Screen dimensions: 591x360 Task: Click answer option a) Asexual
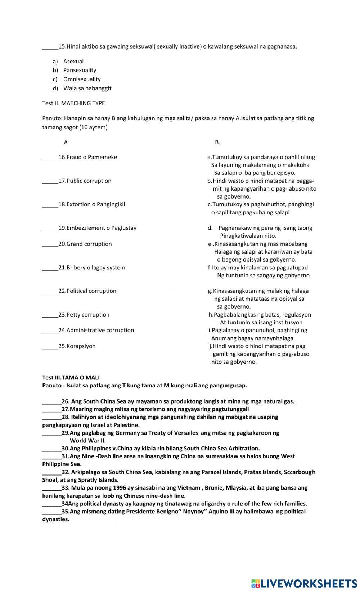pyautogui.click(x=73, y=62)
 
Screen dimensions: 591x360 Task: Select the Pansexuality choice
pyautogui.click(x=80, y=70)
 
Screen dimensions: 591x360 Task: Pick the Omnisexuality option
pyautogui.click(x=82, y=79)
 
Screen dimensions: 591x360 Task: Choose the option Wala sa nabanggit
pyautogui.click(x=87, y=88)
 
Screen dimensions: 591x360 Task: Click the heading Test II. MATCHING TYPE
pyautogui.click(x=73, y=103)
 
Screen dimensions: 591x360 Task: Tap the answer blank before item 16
pyautogui.click(x=50, y=157)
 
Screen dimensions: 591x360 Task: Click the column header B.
pyautogui.click(x=217, y=142)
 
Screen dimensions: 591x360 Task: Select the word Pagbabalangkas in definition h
pyautogui.click(x=235, y=315)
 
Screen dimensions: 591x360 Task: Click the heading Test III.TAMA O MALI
pyautogui.click(x=71, y=378)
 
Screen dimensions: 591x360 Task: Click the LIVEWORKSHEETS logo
pyautogui.click(x=304, y=583)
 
